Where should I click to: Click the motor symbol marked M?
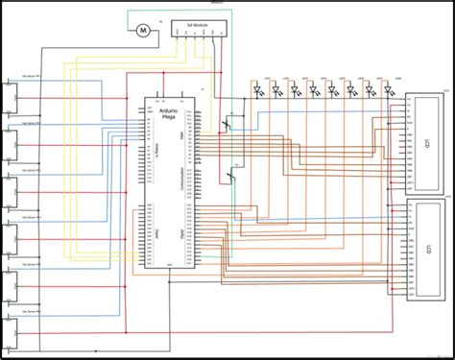pos(142,31)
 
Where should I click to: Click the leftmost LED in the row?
pos(258,90)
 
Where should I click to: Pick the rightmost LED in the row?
pos(389,90)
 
